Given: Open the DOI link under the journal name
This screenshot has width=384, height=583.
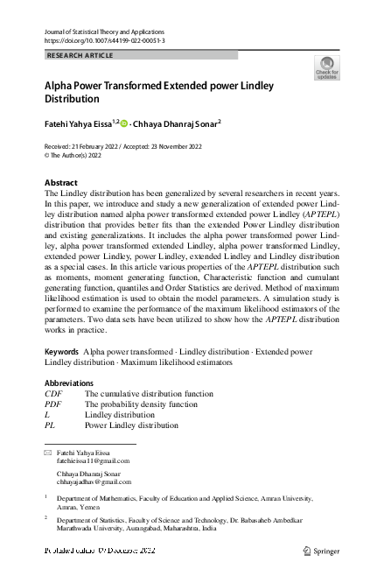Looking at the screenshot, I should click(x=103, y=41).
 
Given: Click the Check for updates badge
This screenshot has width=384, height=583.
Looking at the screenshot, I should click(x=326, y=68).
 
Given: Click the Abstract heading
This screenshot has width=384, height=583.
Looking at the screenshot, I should click(x=61, y=183).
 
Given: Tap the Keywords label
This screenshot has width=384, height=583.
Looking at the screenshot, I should click(x=61, y=351).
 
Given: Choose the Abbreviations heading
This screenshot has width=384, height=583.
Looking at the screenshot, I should click(x=68, y=383).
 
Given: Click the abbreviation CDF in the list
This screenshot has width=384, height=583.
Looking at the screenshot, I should click(x=53, y=394).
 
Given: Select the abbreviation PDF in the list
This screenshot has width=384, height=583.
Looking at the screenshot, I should click(x=53, y=404).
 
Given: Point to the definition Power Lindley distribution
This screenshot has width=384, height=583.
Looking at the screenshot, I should click(x=131, y=425).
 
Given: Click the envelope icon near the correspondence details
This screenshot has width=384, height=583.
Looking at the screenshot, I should click(x=48, y=452).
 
